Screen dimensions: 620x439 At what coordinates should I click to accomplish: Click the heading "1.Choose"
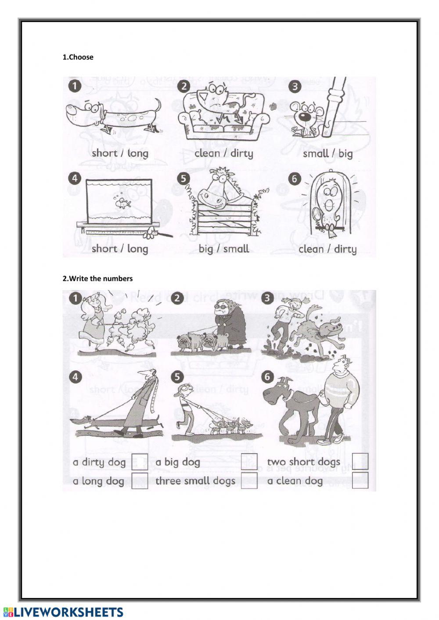click(x=78, y=57)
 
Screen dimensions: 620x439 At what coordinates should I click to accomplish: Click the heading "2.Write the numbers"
click(x=97, y=279)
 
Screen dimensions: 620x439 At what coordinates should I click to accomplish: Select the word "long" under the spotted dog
click(x=138, y=153)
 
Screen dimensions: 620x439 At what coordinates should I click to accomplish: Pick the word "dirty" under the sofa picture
click(x=242, y=153)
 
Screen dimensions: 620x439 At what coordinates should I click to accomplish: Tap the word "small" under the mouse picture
click(x=316, y=153)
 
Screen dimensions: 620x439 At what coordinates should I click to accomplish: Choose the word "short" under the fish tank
click(x=104, y=248)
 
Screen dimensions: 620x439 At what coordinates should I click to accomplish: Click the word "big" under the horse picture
click(x=206, y=249)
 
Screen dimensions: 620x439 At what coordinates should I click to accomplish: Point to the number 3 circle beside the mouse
click(x=295, y=86)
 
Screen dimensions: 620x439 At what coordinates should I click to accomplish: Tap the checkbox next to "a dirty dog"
click(x=140, y=462)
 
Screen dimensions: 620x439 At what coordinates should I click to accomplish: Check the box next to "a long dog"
click(x=140, y=480)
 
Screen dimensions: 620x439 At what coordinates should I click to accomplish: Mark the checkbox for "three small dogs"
click(x=249, y=480)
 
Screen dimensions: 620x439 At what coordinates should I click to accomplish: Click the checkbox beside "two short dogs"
click(x=360, y=462)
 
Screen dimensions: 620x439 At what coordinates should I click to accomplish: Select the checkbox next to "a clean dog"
click(x=360, y=480)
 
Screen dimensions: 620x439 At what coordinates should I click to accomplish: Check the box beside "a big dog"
click(x=249, y=462)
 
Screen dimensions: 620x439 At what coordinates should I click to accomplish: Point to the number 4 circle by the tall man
click(x=76, y=377)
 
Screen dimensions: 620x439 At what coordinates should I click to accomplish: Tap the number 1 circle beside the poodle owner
click(x=76, y=299)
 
